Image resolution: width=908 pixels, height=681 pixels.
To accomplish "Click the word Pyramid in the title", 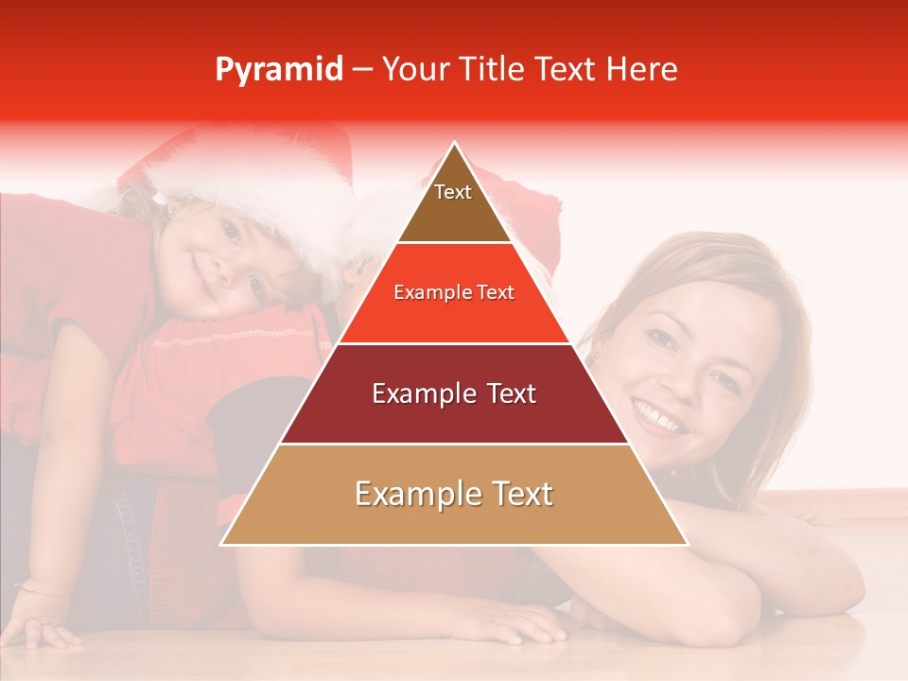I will coord(278,70).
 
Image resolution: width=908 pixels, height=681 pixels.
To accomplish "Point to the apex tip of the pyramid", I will coord(454,144).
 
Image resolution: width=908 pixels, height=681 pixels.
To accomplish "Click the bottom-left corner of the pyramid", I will coord(223,544).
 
